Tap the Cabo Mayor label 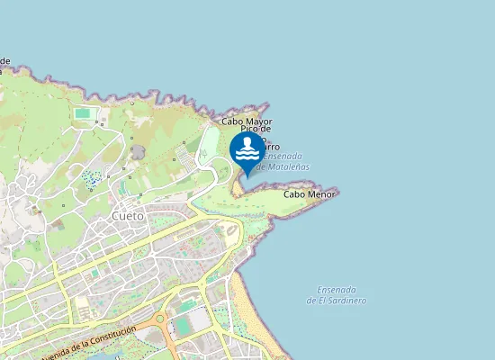click(x=247, y=121)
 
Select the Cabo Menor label click(x=309, y=193)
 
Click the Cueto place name click(x=129, y=216)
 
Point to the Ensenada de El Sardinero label click(x=342, y=294)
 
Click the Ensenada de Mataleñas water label click(x=284, y=161)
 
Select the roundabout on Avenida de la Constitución click(x=159, y=319)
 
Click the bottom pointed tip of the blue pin click(x=247, y=176)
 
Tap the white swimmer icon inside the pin click(x=247, y=148)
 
